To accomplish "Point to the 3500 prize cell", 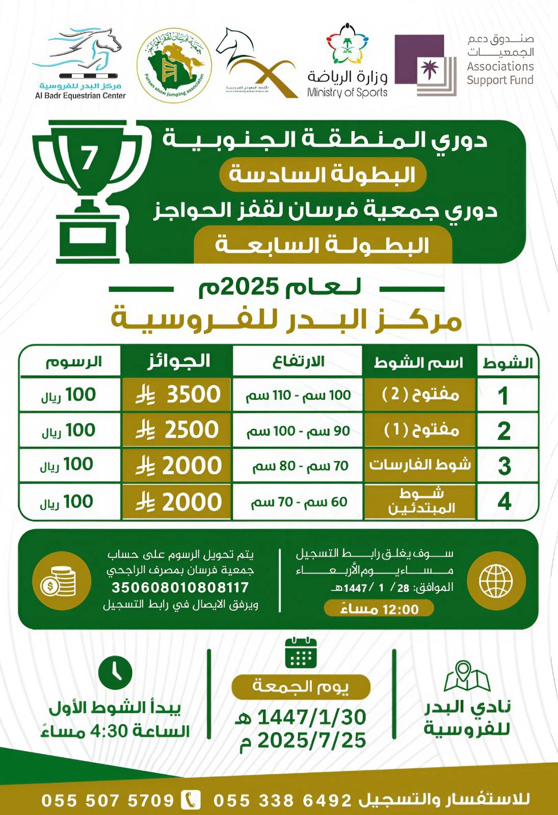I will [176, 395].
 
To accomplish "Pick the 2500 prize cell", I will [176, 430].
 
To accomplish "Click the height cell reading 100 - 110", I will [298, 395].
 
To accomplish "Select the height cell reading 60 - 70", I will [298, 502].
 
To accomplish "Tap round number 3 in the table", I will [504, 466].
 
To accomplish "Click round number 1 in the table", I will [503, 396].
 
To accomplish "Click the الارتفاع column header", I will [299, 362].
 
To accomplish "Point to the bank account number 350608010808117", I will [180, 587].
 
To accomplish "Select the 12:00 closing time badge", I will [378, 609].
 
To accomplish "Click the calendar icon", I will [301, 653].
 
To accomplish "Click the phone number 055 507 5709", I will [108, 800].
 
